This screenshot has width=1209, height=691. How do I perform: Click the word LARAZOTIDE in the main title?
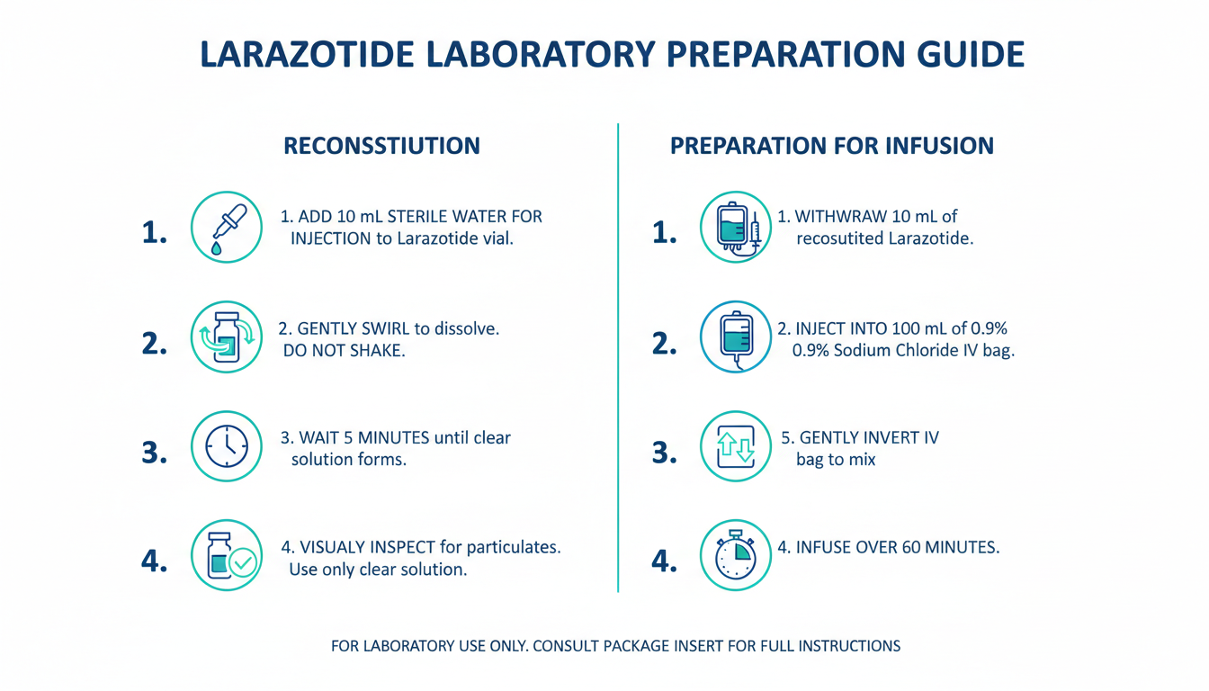tap(307, 54)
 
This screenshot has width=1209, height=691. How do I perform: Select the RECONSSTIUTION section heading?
tap(381, 146)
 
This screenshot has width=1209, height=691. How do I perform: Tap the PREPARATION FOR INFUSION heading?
tap(832, 146)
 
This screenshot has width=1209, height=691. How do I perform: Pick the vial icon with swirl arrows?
tap(227, 337)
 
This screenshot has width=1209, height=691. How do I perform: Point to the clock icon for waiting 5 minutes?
tap(227, 446)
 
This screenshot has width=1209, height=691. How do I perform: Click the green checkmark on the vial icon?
tap(243, 563)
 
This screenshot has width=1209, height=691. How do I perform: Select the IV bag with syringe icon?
tap(736, 228)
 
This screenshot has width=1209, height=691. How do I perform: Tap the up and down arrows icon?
tap(736, 446)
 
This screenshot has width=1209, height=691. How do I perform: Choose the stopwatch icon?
tap(736, 555)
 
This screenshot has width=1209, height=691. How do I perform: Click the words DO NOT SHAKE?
tap(345, 351)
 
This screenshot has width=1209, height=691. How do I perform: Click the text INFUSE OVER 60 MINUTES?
tap(898, 547)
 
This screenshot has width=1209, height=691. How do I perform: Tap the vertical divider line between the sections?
tap(618, 358)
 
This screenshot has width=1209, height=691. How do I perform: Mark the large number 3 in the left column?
tap(155, 453)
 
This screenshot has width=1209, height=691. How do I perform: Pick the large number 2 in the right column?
tap(665, 344)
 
